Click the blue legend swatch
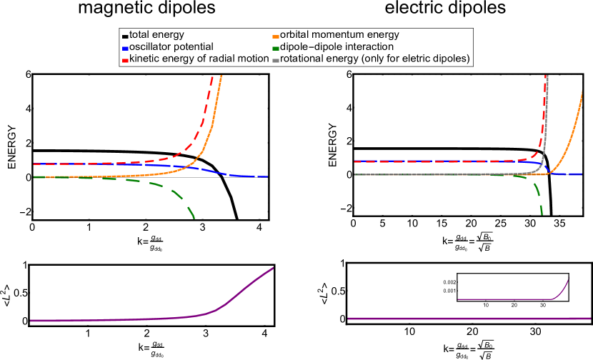pos(126,49)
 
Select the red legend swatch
pos(126,61)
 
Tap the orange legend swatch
pos(276,36)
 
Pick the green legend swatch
pos(276,49)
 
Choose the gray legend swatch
pos(276,61)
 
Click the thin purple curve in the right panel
pos(500,299)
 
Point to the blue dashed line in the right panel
pos(429,161)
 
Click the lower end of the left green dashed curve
pos(194,219)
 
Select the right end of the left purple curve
pos(274,268)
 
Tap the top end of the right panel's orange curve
pos(582,91)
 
